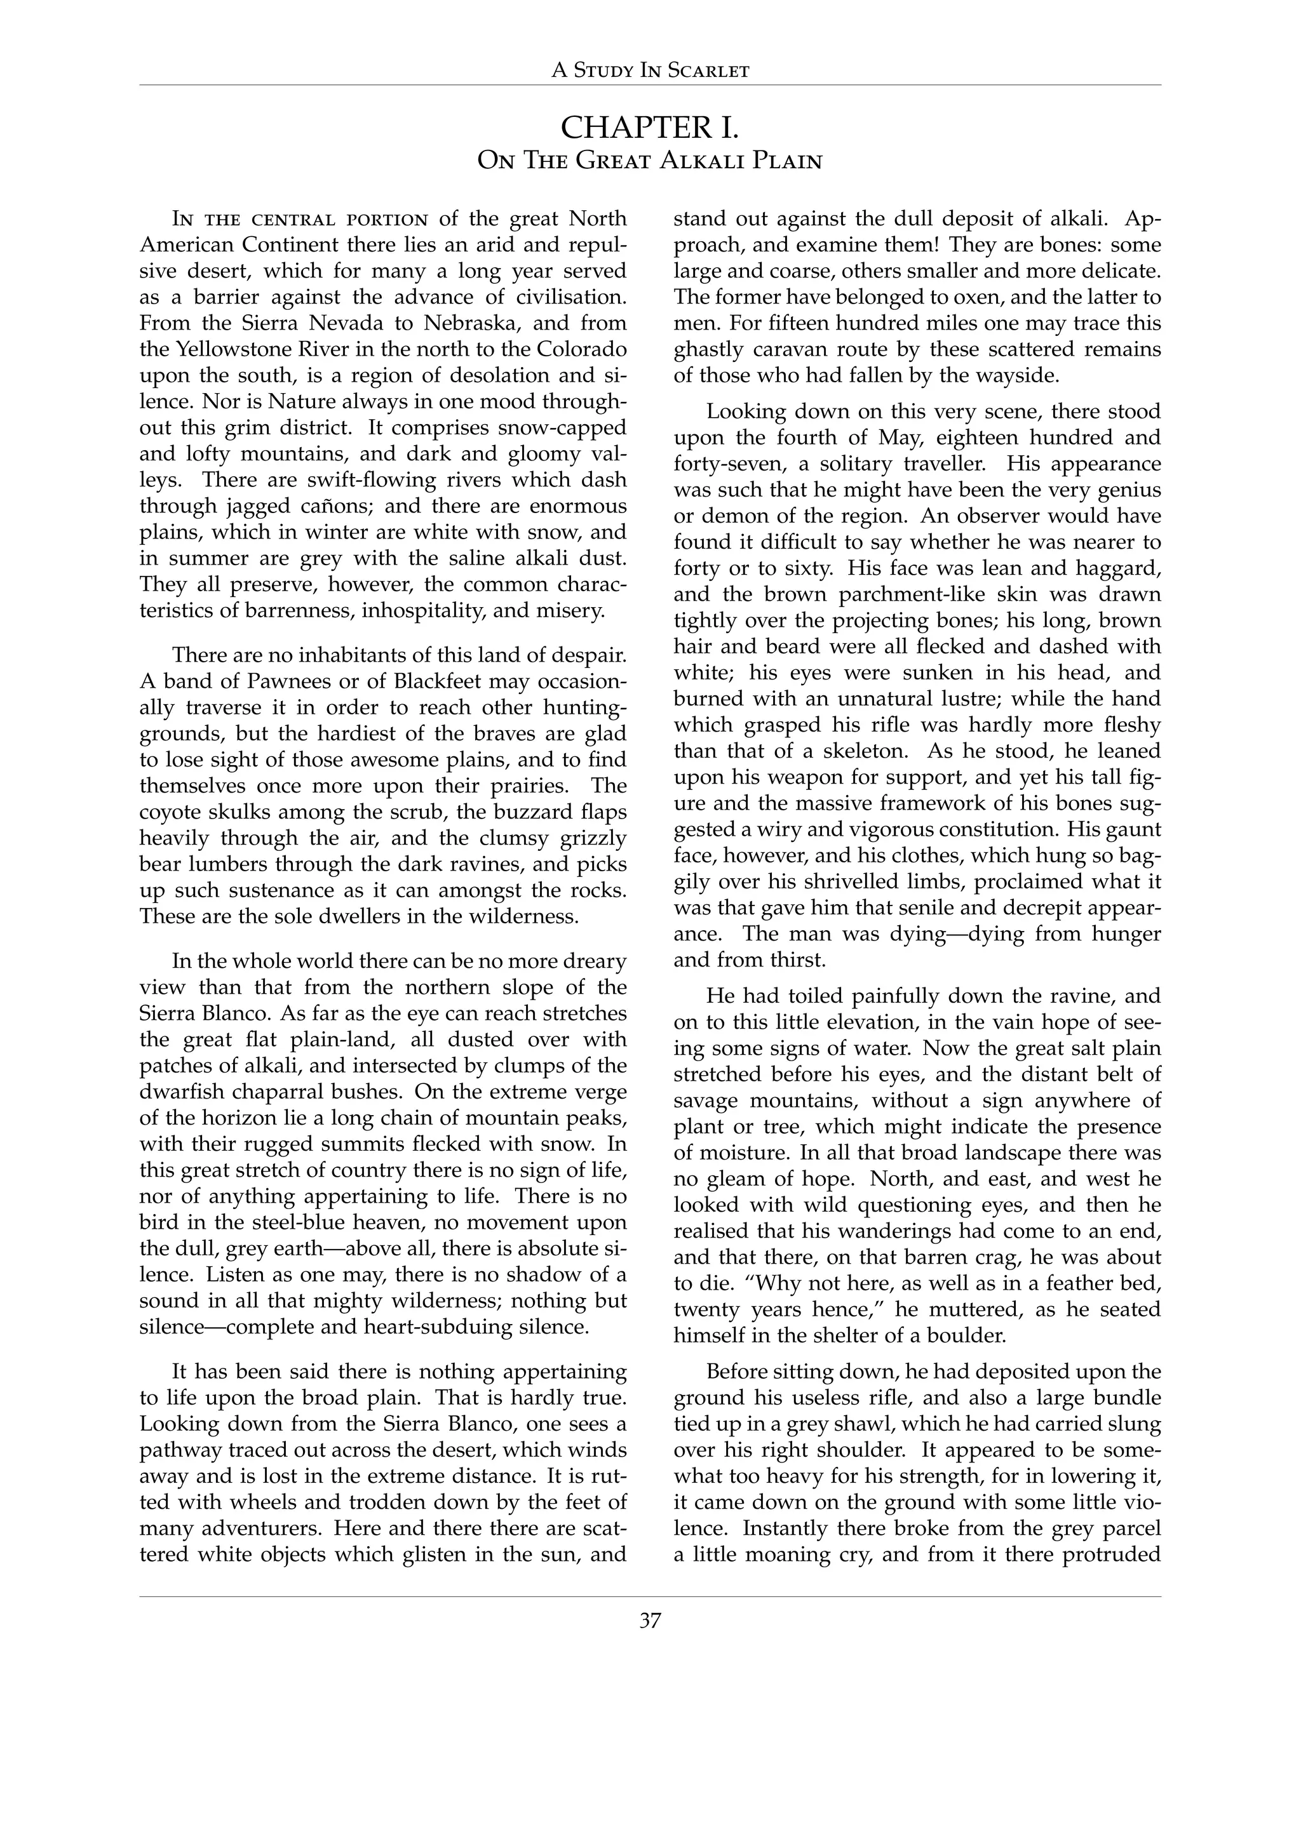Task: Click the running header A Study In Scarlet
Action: click(650, 70)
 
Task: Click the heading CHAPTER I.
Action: click(650, 128)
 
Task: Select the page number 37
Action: click(650, 1621)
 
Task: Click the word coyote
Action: click(169, 812)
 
